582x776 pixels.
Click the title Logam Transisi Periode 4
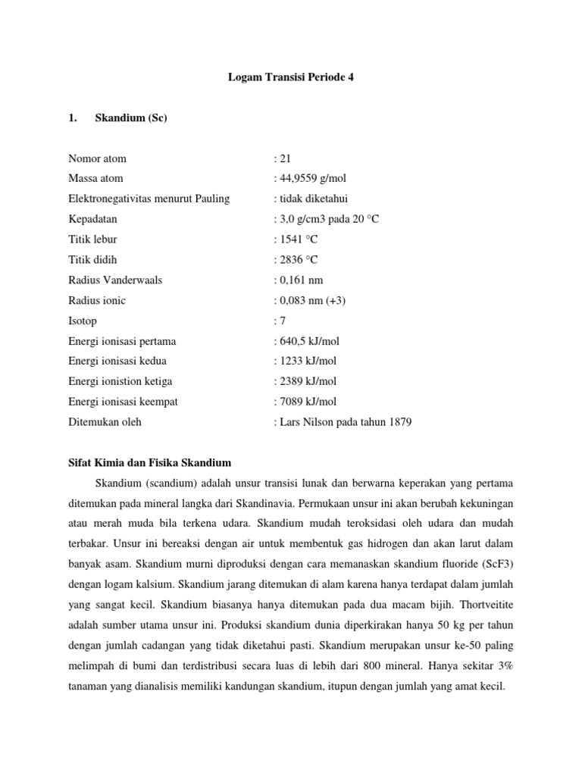point(291,78)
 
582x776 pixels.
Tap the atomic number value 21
point(285,158)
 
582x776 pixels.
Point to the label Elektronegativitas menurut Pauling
point(149,199)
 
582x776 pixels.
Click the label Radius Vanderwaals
point(115,280)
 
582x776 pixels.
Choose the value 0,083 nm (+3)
point(311,300)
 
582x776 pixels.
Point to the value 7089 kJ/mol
point(308,402)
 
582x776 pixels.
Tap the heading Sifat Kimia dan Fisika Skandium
point(150,462)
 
